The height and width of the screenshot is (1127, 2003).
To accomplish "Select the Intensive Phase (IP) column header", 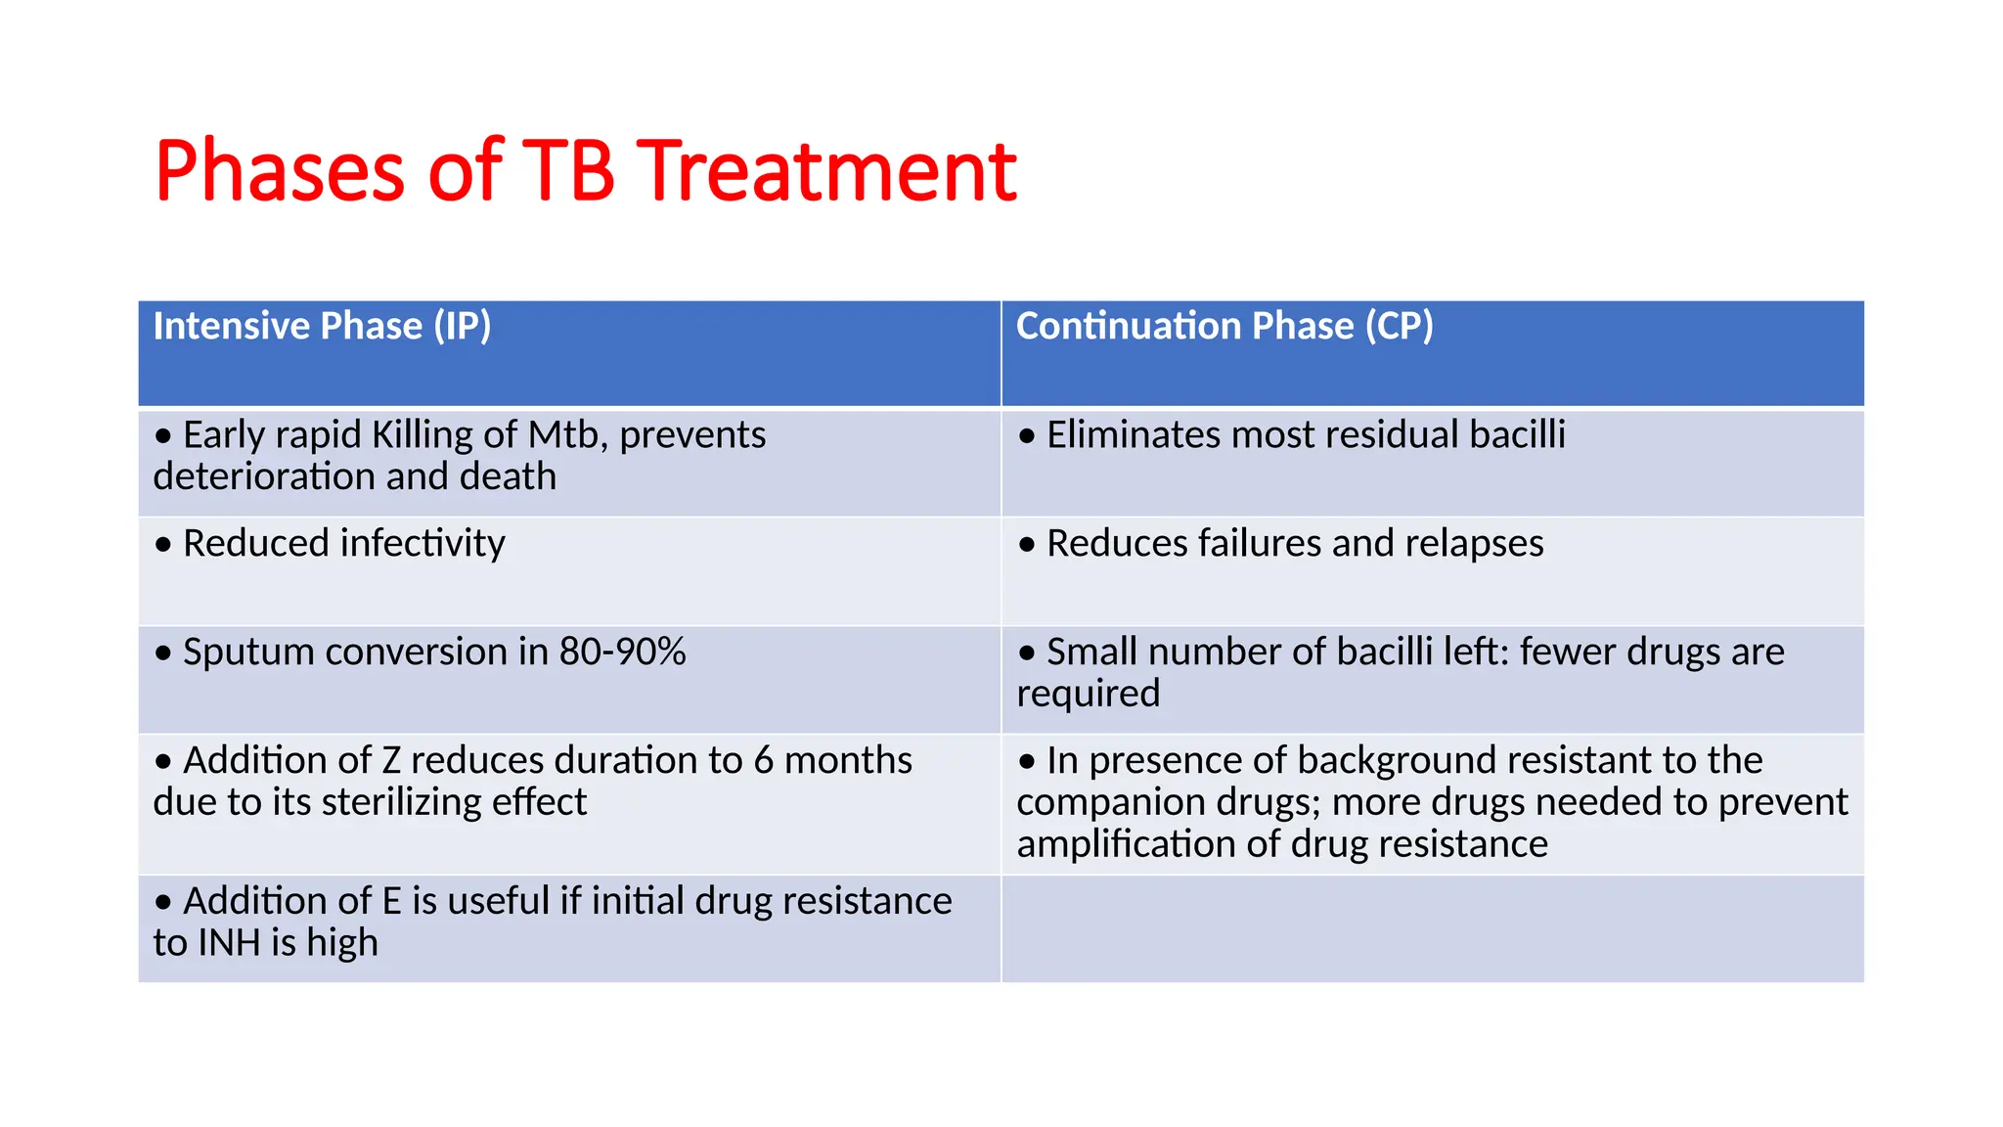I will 322,326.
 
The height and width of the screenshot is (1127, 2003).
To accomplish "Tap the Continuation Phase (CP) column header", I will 1224,326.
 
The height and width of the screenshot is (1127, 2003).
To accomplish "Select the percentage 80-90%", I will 622,652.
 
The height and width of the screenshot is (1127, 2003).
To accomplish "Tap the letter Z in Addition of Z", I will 391,760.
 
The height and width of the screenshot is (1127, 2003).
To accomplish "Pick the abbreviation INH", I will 229,943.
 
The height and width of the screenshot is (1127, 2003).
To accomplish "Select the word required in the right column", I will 1088,694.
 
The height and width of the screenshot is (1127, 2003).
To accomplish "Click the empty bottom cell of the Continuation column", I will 1433,928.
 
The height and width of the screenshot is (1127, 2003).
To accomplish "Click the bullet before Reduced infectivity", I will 163,544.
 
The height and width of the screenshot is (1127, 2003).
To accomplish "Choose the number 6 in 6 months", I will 763,760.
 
